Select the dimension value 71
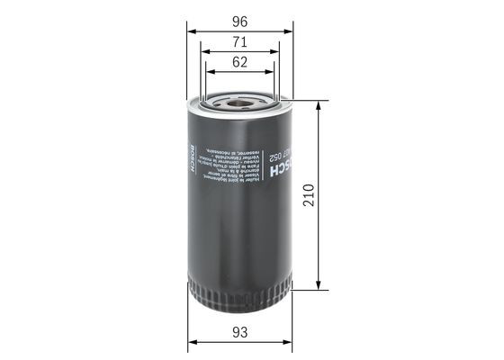click(x=239, y=41)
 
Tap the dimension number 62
click(x=239, y=62)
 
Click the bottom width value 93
click(x=239, y=334)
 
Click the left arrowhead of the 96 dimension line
click(x=191, y=30)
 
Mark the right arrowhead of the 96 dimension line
click(x=289, y=30)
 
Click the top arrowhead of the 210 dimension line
click(x=318, y=103)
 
